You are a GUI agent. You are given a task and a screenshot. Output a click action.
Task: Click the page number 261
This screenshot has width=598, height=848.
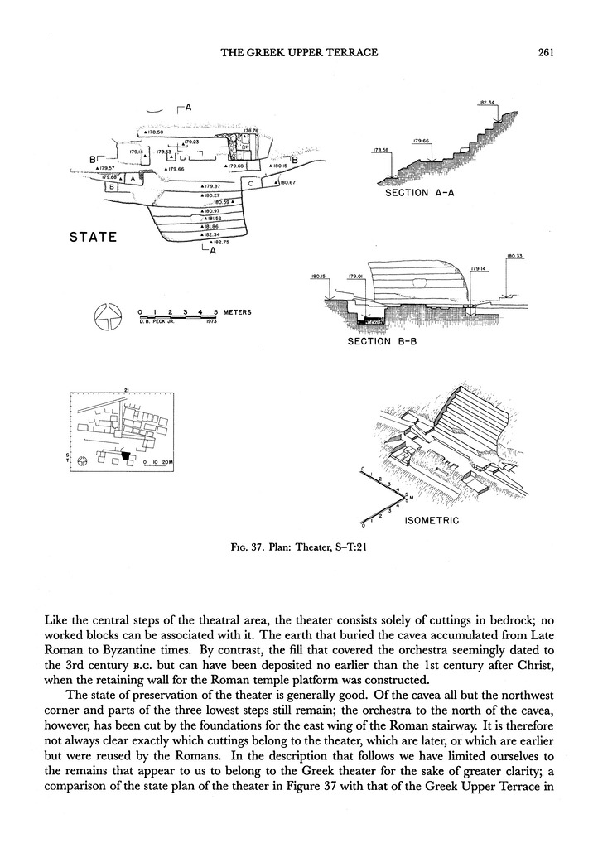point(545,52)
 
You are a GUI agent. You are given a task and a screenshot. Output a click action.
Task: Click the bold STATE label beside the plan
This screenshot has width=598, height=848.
point(93,238)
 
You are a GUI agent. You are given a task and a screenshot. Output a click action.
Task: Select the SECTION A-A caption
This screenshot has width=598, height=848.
point(421,193)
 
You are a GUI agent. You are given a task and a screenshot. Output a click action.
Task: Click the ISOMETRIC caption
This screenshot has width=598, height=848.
point(432,521)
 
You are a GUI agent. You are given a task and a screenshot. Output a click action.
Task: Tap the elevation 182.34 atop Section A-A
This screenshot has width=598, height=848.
point(487,103)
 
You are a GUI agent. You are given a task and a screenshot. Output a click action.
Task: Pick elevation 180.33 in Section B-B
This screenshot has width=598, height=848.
point(516,256)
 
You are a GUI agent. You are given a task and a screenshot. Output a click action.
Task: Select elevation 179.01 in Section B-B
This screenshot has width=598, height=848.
point(357,277)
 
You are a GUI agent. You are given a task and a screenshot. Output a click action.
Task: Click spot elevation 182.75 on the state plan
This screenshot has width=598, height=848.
point(219,242)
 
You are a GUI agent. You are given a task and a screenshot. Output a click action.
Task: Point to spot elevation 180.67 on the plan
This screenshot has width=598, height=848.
point(287,182)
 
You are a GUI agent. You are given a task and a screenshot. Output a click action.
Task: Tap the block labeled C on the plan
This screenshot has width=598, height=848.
point(250,184)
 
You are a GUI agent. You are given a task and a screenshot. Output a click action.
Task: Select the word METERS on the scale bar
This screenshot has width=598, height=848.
point(237,313)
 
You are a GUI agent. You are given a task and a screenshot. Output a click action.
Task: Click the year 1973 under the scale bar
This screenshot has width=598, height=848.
point(211,320)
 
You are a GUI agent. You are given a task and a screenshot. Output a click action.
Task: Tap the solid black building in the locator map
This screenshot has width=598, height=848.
point(126,455)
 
